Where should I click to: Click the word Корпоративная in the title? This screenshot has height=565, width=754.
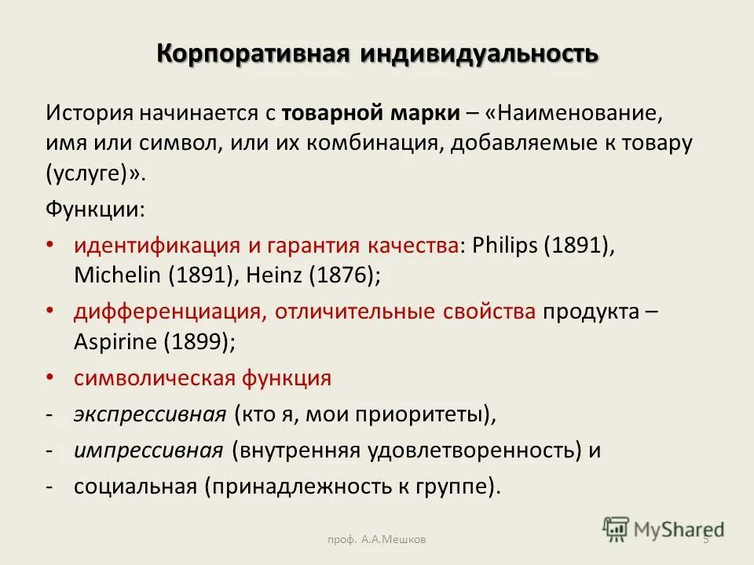tap(253, 55)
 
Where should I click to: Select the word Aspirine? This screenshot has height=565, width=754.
tap(114, 341)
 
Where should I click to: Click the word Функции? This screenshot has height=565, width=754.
tap(95, 210)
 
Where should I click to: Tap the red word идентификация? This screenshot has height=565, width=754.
tap(156, 245)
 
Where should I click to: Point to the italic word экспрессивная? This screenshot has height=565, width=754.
tap(149, 414)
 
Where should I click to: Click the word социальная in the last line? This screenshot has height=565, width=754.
tap(134, 486)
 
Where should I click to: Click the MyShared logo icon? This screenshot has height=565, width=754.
tap(617, 528)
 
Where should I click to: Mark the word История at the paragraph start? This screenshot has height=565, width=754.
tap(89, 112)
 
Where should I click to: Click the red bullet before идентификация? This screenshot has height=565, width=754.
tap(50, 245)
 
